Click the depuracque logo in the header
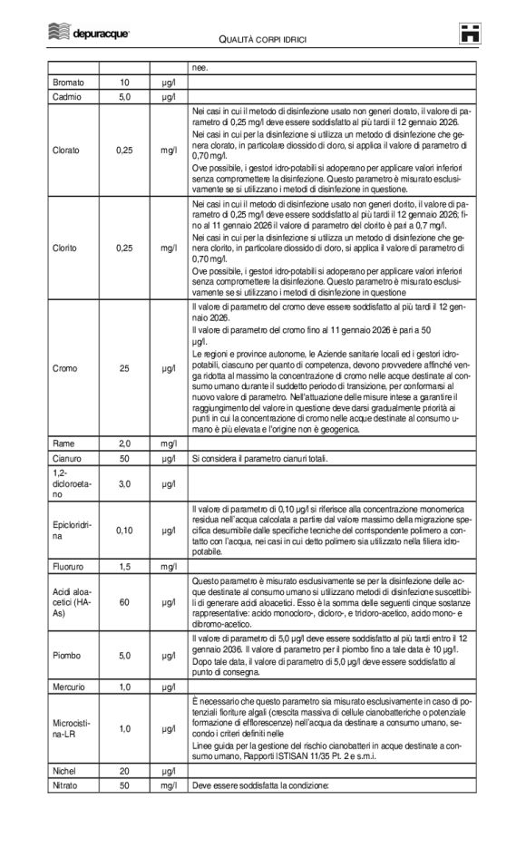[x=88, y=33]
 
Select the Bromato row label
[x=69, y=83]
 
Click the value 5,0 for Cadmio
[x=125, y=95]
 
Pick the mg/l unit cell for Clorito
[x=169, y=247]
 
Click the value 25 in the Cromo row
[x=125, y=368]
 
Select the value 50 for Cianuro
[x=125, y=458]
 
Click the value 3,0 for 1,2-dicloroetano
[x=125, y=484]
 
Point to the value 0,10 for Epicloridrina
[x=125, y=531]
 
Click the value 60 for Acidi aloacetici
[x=125, y=600]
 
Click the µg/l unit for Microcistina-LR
[x=169, y=728]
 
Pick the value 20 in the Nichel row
[x=125, y=770]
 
